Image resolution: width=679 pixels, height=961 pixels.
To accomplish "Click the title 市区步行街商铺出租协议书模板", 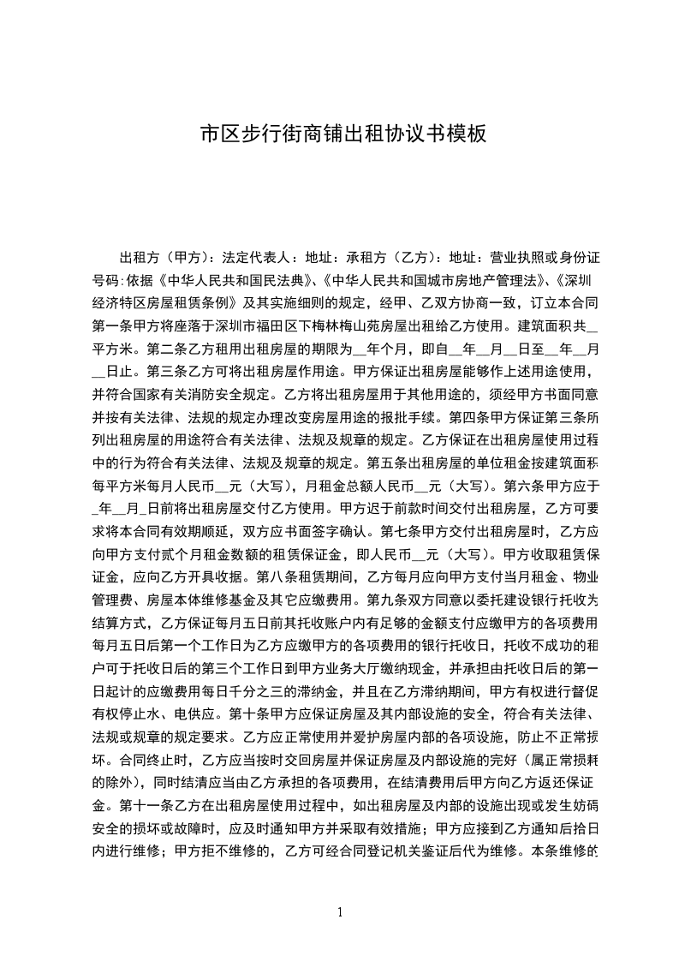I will (342, 134).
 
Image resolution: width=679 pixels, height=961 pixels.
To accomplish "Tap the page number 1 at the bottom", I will (341, 912).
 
